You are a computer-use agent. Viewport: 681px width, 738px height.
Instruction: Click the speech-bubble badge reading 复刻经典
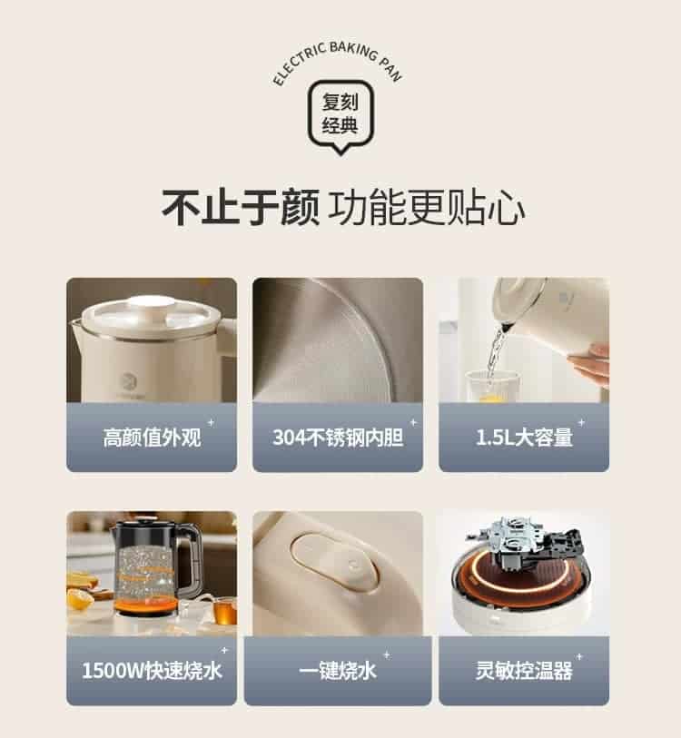(x=340, y=113)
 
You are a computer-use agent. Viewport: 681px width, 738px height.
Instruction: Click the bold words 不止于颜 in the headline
(x=241, y=208)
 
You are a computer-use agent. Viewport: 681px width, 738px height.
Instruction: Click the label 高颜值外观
(x=151, y=438)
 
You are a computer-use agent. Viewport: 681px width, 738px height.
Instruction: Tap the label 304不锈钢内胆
(x=337, y=438)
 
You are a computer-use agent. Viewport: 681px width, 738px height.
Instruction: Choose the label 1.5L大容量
(x=524, y=438)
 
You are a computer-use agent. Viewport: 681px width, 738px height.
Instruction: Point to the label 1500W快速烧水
(x=151, y=671)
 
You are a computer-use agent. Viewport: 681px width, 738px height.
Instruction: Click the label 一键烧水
(x=337, y=671)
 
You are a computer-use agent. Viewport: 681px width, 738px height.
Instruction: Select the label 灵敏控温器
(x=524, y=671)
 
